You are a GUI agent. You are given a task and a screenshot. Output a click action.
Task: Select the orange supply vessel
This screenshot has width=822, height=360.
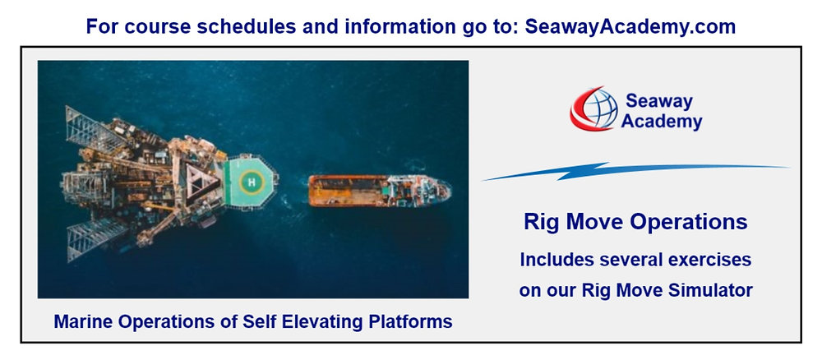tap(378, 190)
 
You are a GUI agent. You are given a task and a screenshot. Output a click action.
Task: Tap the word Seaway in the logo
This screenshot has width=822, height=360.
tap(659, 101)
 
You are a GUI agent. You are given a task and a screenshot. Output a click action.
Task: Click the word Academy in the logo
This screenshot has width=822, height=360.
tap(663, 122)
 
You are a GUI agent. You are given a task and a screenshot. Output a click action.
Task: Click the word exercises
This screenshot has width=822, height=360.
tap(711, 260)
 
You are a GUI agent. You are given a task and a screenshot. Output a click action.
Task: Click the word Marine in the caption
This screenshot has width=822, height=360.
tap(82, 321)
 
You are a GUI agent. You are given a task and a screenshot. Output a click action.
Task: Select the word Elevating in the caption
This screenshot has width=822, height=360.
tap(333, 321)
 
